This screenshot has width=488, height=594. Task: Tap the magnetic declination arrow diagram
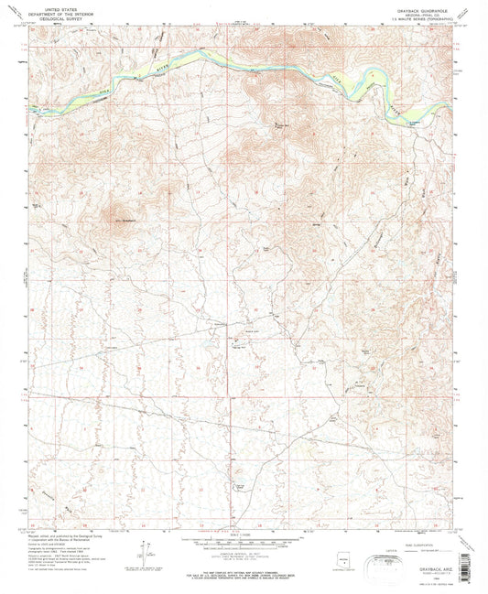(145, 556)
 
